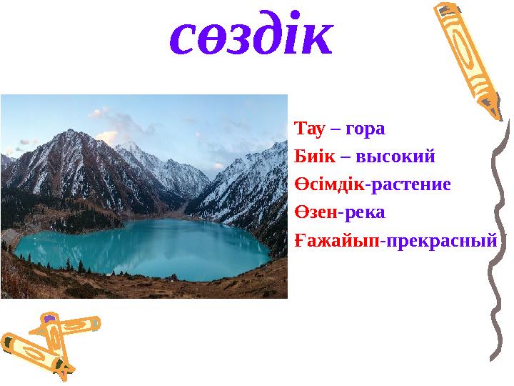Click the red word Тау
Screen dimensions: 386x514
(x=308, y=129)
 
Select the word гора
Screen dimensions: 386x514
(x=365, y=129)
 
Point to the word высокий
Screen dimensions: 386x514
(x=395, y=157)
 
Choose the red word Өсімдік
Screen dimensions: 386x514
(x=329, y=184)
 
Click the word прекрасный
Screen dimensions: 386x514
(x=439, y=240)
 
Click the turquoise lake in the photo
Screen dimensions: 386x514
(x=143, y=247)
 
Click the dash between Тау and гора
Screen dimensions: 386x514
(x=334, y=130)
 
